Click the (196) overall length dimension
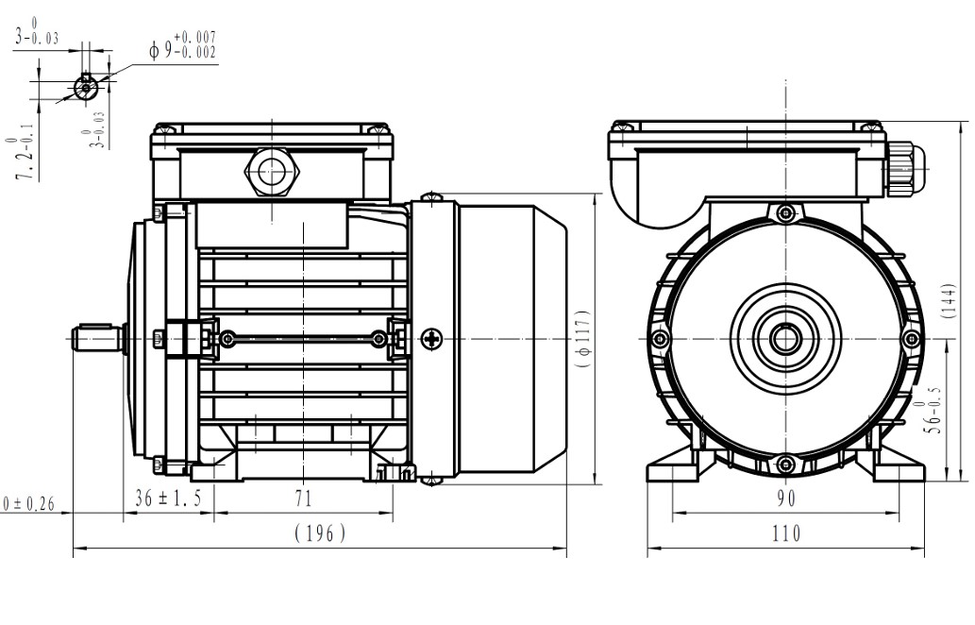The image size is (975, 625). [x=321, y=533]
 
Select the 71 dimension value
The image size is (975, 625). [x=304, y=498]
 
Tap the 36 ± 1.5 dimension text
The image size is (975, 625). [x=168, y=498]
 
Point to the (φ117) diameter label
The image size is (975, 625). [x=584, y=338]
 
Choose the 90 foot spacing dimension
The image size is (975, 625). [x=786, y=498]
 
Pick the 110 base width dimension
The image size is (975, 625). [x=786, y=533]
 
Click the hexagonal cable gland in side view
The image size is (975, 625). [x=272, y=172]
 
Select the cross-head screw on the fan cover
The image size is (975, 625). [x=433, y=338]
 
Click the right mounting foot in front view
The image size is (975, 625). [x=897, y=466]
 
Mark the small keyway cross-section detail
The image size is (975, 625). [x=86, y=87]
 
